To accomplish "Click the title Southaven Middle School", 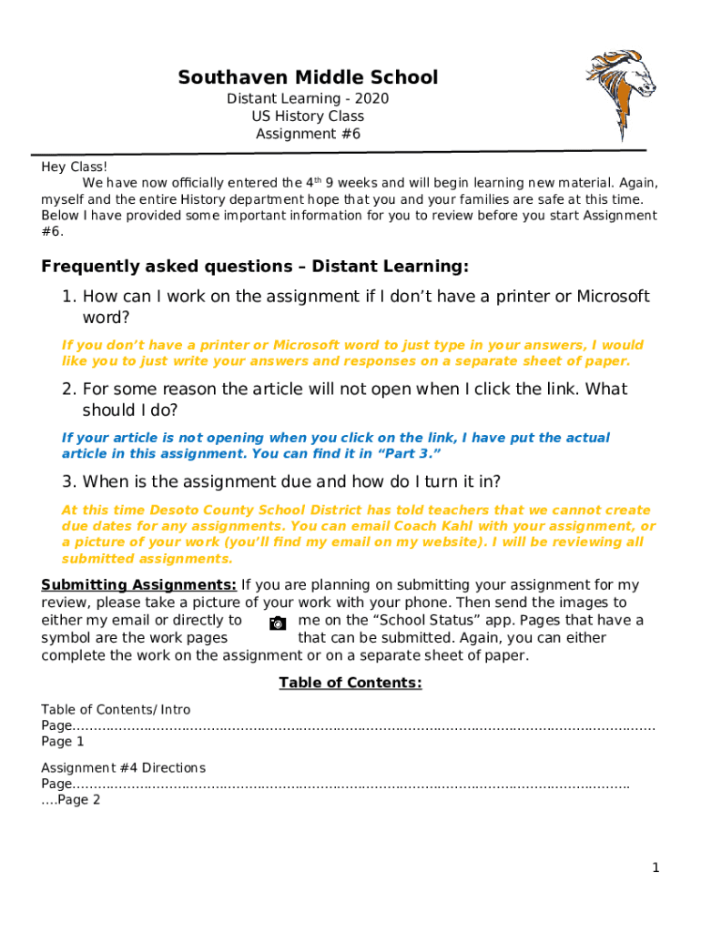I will coord(308,77).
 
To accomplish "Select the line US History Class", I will coord(308,116).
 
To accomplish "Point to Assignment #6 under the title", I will coord(308,134).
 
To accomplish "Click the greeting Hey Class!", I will coord(75,167).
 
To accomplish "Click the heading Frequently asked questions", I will coord(255,267).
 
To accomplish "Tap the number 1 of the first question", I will coord(68,297).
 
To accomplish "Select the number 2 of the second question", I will coord(68,390).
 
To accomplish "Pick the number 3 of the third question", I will coord(68,481).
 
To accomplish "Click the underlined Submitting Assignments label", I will coord(139,585).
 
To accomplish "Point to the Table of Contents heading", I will coord(350,683).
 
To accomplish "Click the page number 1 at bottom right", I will coord(655,868).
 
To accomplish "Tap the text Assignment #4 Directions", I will coord(123,767).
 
